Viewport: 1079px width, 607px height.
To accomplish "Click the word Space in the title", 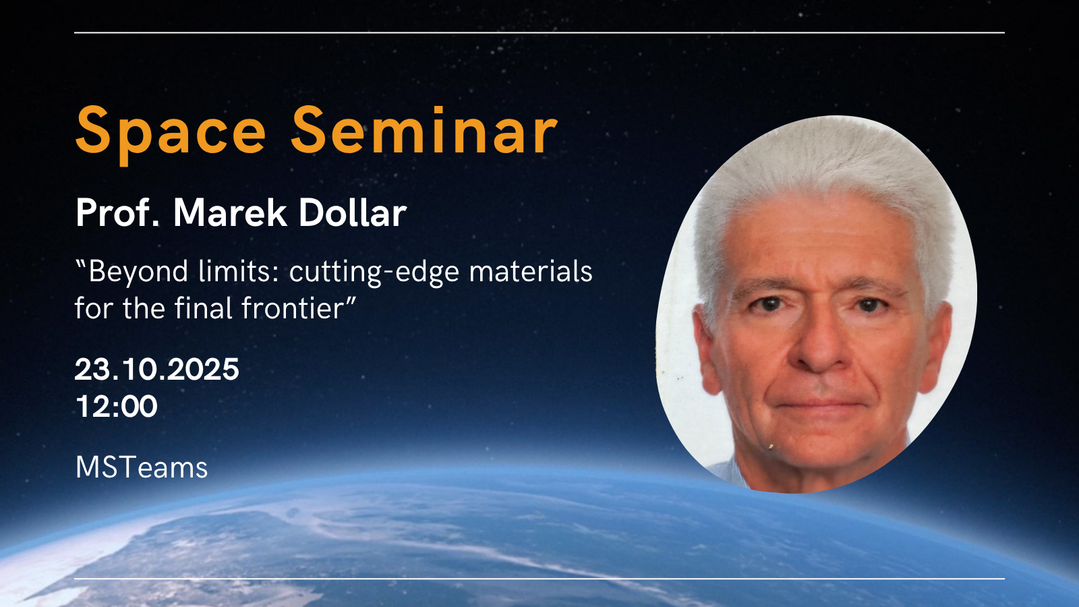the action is coord(171,135).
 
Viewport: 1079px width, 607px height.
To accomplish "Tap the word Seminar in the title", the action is coord(424,130).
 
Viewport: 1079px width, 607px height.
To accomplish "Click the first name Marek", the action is coord(230,212).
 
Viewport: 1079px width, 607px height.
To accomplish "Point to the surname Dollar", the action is coord(353,212).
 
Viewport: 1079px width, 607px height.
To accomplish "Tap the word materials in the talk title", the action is coord(530,271).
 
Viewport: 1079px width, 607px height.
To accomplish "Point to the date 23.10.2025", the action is coord(157,370).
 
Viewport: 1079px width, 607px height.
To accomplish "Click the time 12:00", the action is coord(117,406).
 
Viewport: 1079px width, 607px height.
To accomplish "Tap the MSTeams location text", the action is coord(142,467).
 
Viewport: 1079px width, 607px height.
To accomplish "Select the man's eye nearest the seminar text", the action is coord(769,304).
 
